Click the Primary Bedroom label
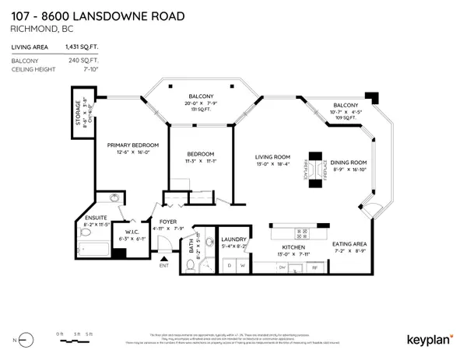(x=133, y=145)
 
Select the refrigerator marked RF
(x=314, y=267)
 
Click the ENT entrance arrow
(x=163, y=265)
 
